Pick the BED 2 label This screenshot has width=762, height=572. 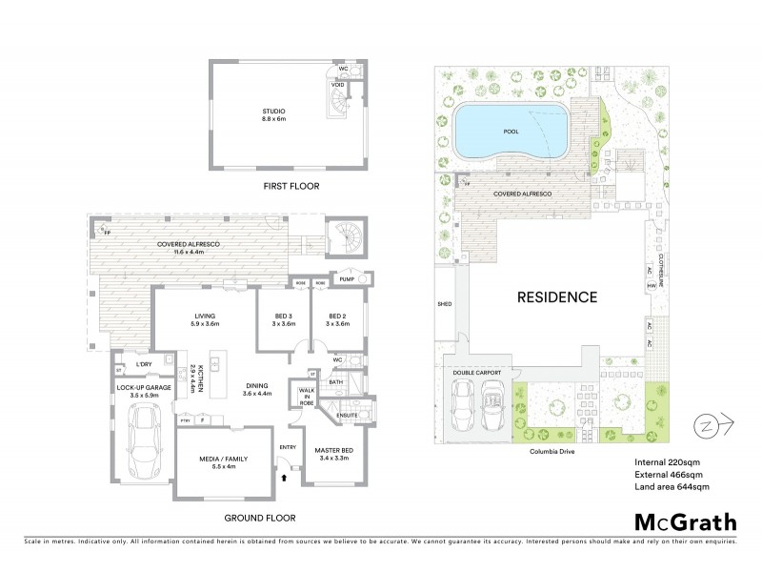point(337,317)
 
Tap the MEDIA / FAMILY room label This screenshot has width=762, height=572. point(223,459)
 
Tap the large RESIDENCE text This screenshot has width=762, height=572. point(556,296)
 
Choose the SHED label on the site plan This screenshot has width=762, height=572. point(444,305)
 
